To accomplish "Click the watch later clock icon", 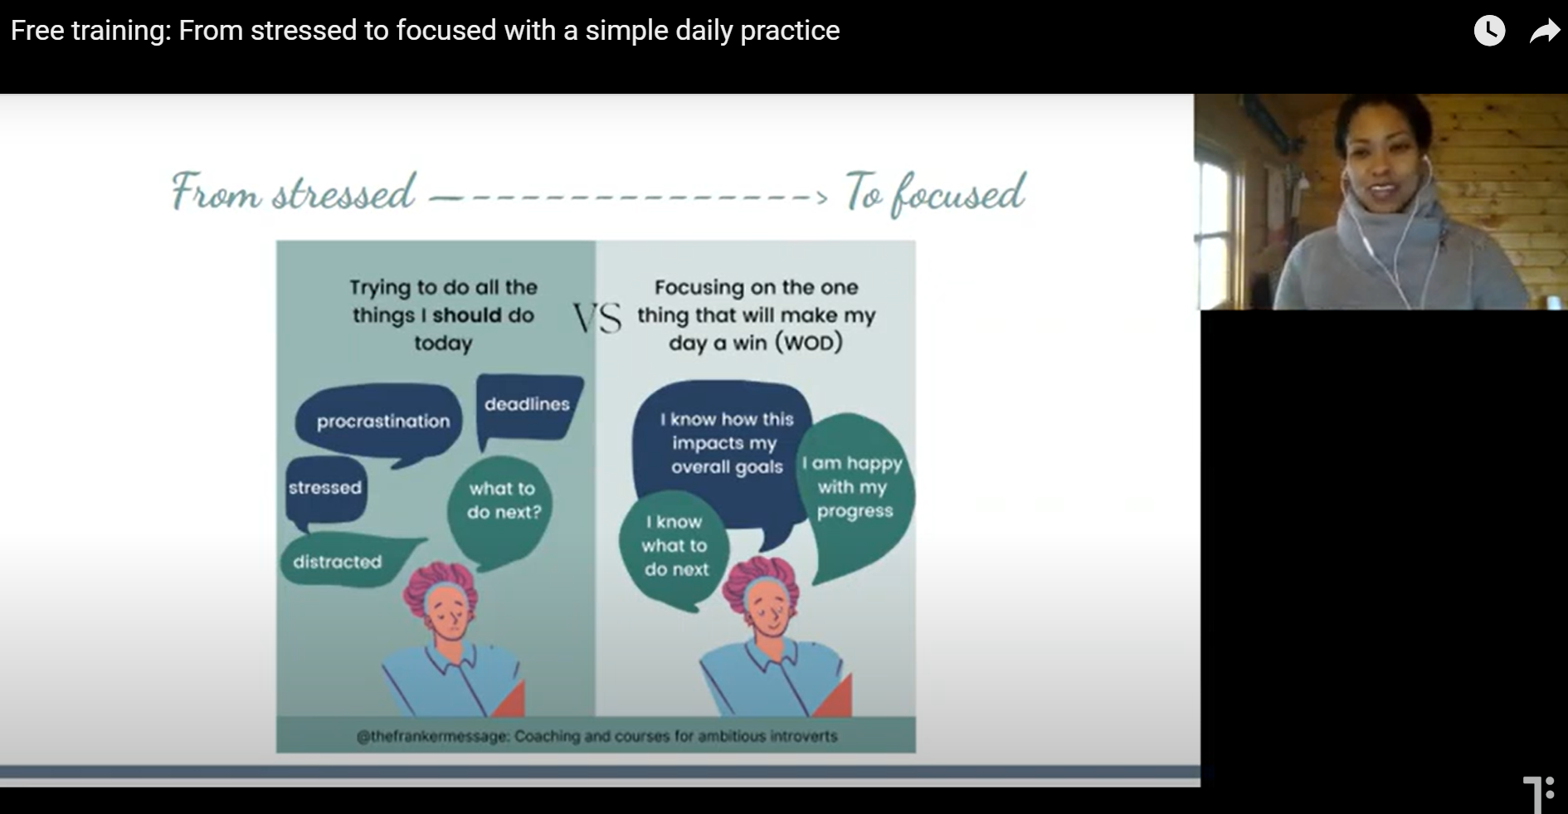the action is (x=1489, y=31).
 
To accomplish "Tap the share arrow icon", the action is (x=1545, y=32).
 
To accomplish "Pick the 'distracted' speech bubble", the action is (x=347, y=562).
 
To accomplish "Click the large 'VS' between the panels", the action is (x=597, y=318).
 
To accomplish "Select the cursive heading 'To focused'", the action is (x=936, y=193).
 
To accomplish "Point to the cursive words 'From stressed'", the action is (x=293, y=192).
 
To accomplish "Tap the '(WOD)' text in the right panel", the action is (x=808, y=343).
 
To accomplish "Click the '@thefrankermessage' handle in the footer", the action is (x=431, y=736).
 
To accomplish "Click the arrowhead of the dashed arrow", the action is (x=821, y=197).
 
